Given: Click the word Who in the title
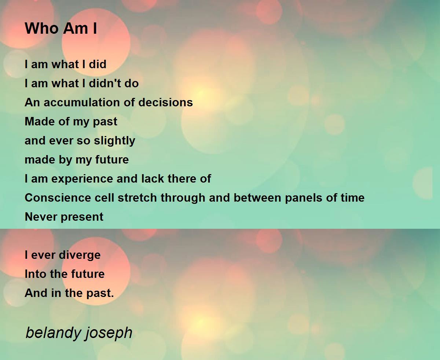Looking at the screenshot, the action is [41, 28].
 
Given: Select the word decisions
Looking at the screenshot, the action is [165, 102].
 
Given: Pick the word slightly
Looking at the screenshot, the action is [114, 141].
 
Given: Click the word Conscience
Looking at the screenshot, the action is [58, 198].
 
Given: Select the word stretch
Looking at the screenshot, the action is [137, 198].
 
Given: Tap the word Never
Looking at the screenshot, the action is [41, 217].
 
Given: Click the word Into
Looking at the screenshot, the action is [35, 274].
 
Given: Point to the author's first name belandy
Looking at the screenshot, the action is [53, 333].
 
